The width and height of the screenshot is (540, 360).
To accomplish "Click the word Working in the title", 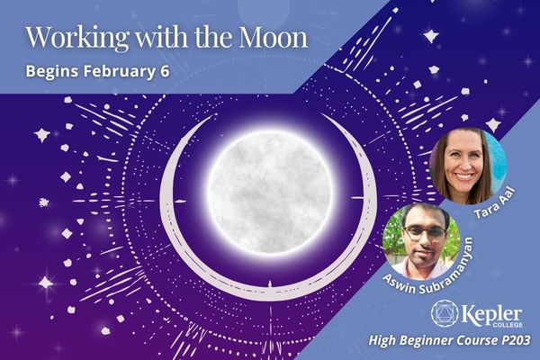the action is tap(77, 38).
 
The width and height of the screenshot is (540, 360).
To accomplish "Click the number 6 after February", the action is tap(165, 71).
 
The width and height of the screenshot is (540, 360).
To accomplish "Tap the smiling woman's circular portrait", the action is tap(468, 166).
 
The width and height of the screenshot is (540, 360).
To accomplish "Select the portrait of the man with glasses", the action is tap(421, 241).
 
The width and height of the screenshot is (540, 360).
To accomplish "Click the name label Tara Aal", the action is tap(495, 202).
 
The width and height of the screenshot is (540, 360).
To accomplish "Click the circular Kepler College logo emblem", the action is tap(445, 313).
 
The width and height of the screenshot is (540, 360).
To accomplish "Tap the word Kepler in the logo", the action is tap(491, 314).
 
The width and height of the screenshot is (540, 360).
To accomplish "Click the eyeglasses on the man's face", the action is tap(424, 233).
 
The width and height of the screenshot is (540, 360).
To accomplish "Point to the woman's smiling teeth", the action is tap(463, 176).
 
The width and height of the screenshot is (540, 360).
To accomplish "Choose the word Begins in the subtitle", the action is tap(53, 72).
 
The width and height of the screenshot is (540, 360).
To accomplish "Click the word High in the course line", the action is tap(382, 341).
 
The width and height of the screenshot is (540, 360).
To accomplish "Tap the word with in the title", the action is tap(161, 37).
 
